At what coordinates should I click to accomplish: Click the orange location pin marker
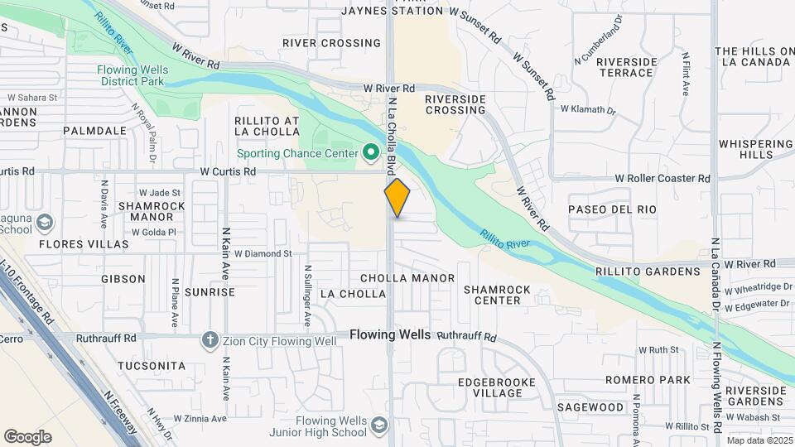(397, 198)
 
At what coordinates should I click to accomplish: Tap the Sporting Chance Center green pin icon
(371, 153)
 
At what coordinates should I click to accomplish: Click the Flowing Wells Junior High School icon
(379, 425)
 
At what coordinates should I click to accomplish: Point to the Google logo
(27, 437)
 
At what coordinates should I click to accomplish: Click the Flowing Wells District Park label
(132, 75)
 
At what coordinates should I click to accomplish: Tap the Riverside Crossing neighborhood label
(455, 104)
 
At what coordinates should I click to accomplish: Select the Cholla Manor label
(407, 278)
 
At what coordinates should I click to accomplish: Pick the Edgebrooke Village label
(497, 387)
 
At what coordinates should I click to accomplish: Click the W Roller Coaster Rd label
(662, 178)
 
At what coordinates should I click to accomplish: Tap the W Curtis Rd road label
(228, 171)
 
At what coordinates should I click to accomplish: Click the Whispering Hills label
(756, 149)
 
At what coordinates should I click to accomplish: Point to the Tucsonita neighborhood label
(152, 365)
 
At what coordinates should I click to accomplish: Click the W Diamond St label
(263, 254)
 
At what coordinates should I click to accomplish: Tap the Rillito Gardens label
(659, 272)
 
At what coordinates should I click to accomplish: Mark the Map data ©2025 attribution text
(758, 440)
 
